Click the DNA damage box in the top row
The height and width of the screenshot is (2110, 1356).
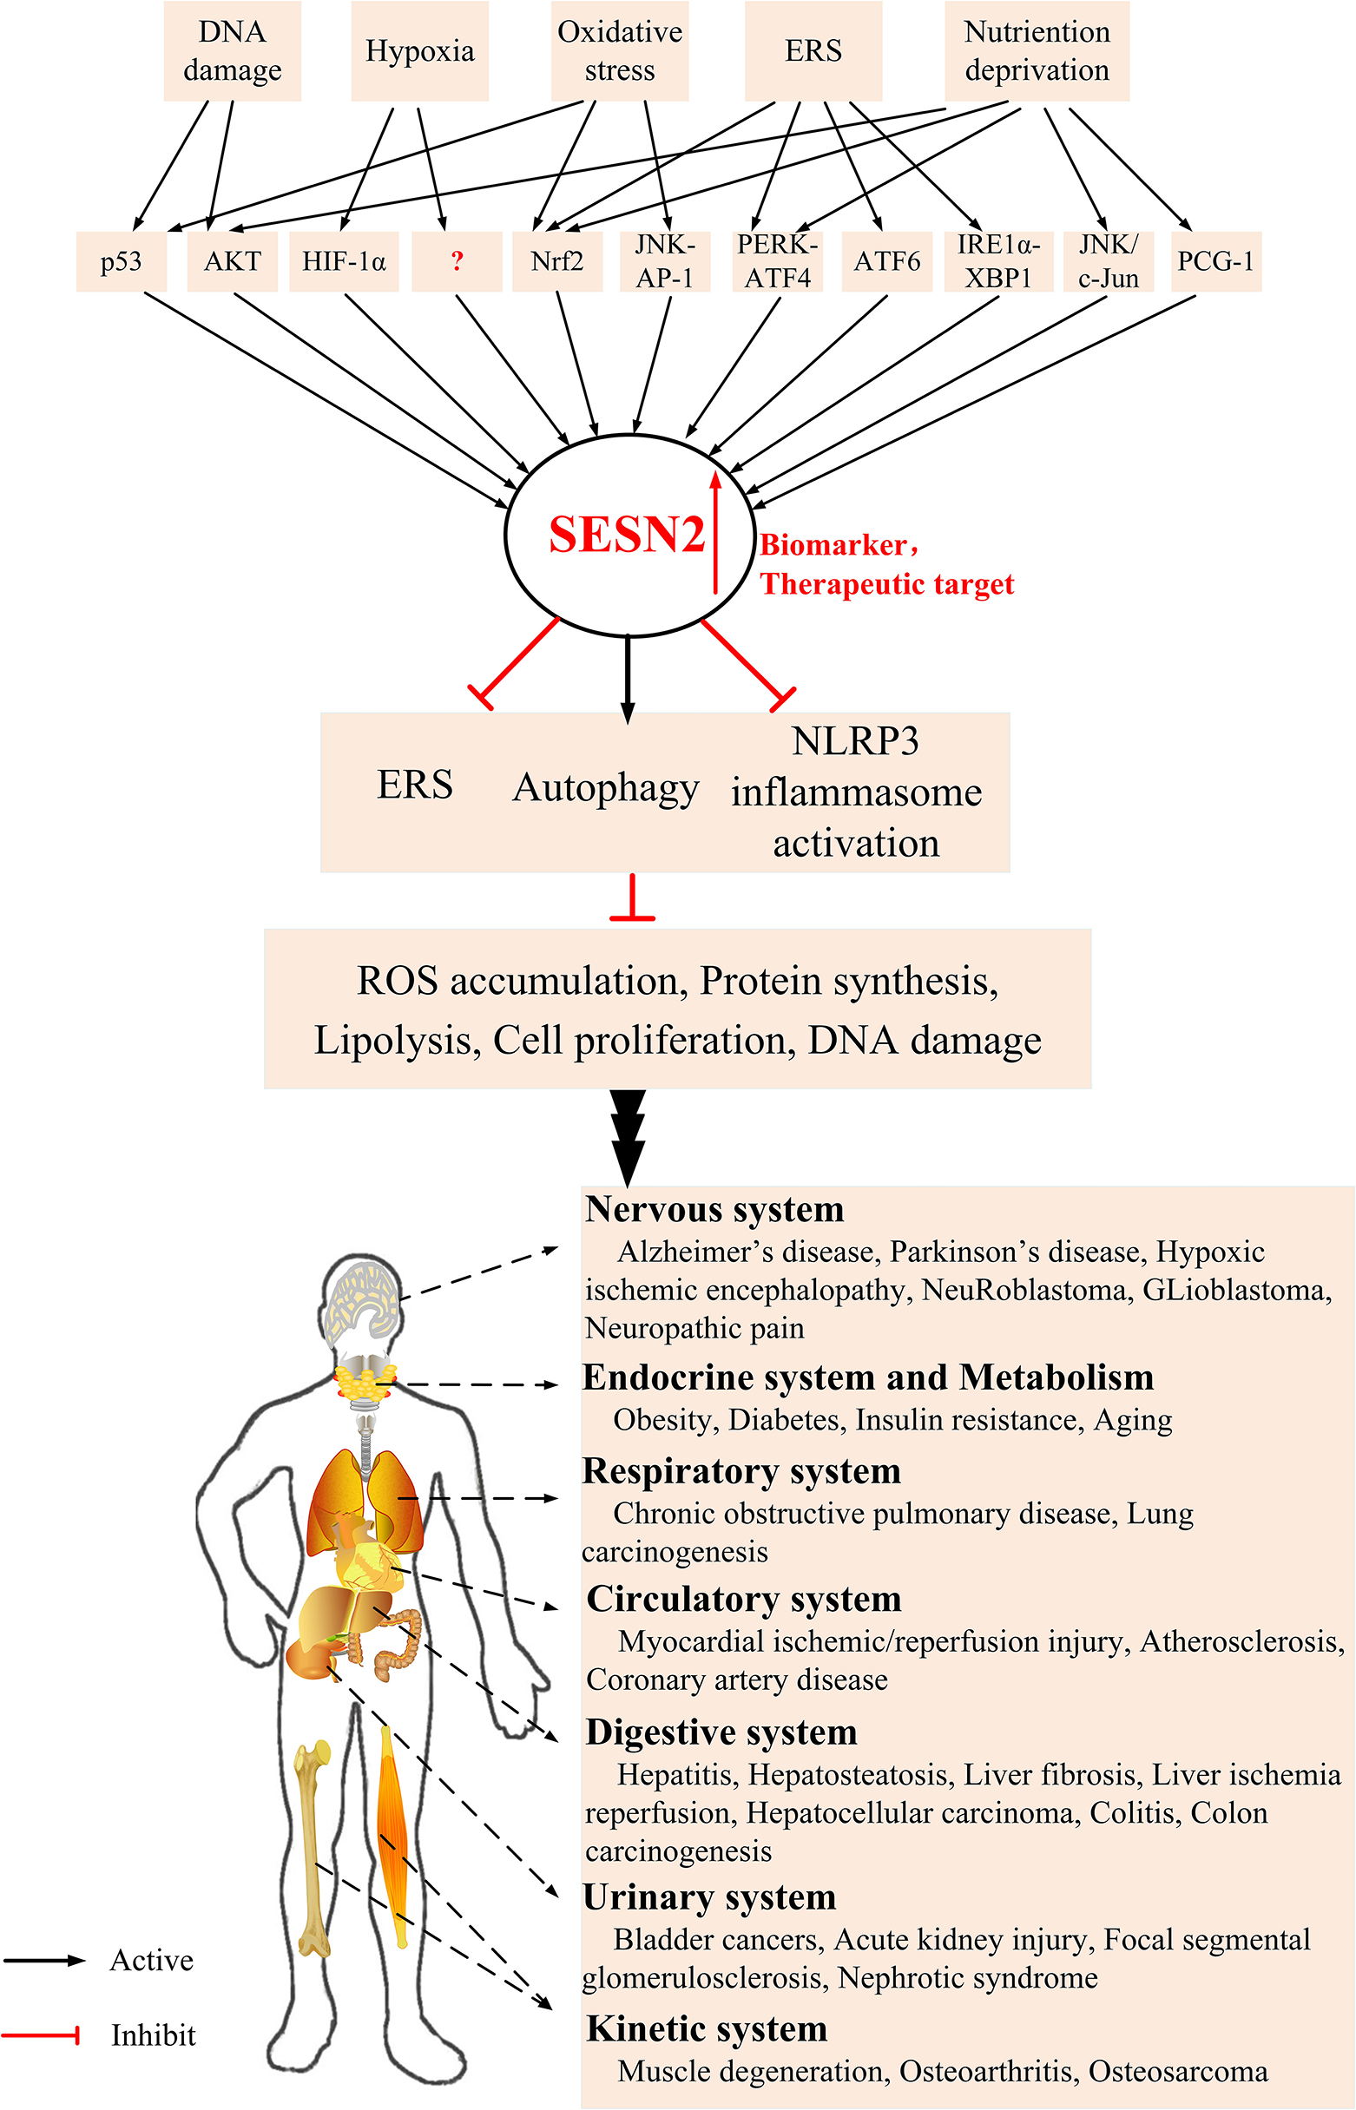(x=233, y=51)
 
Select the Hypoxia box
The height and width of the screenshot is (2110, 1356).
(x=419, y=51)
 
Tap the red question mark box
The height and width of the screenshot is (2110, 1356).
(x=456, y=261)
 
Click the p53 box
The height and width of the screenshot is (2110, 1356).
(x=121, y=261)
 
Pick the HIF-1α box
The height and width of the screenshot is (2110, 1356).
(x=344, y=261)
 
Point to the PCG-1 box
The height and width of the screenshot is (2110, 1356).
(x=1215, y=261)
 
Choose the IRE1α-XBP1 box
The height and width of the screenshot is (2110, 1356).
(x=998, y=261)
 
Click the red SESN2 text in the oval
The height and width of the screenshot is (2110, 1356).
(x=626, y=535)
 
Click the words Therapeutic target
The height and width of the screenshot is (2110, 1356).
(x=886, y=584)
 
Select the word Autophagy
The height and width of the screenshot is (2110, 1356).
(x=606, y=787)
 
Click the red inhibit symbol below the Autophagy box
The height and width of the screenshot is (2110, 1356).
(x=631, y=902)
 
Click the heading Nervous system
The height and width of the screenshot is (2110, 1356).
(x=714, y=1209)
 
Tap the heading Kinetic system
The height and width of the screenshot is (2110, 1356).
(x=706, y=2029)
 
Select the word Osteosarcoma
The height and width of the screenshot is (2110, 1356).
(x=1177, y=2072)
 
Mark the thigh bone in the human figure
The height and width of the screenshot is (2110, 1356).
(x=313, y=1849)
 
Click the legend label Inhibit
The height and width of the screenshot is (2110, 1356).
(x=152, y=2035)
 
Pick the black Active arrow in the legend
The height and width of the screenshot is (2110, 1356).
(x=44, y=1961)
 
